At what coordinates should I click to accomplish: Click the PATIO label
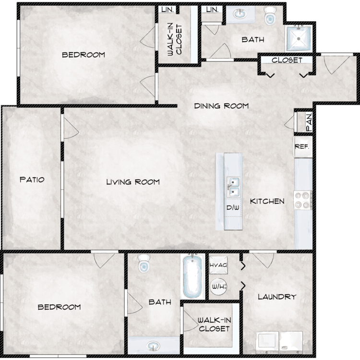point(32,180)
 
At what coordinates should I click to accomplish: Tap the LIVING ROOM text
point(133,182)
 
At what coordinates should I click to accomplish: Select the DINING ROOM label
point(221,106)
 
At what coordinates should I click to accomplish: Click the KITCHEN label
point(267,201)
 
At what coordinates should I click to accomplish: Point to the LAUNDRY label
point(277,297)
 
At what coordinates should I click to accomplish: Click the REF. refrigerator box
point(303,147)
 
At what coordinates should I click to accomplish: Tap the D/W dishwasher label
point(233,207)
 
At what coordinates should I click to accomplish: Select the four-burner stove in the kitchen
point(303,200)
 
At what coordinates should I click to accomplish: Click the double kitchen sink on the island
point(233,187)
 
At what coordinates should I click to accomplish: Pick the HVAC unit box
point(218,265)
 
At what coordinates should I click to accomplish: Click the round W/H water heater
point(218,287)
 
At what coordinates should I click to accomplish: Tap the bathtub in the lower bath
point(192,276)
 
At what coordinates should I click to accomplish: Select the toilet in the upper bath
point(270,16)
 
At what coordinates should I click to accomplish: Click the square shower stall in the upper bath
point(299,38)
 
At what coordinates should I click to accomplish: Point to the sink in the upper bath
point(240,14)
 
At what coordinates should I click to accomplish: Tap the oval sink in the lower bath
point(154,346)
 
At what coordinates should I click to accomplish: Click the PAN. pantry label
point(309,122)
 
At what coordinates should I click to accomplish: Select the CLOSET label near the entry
point(287,60)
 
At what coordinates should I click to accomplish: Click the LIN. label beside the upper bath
point(212,10)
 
